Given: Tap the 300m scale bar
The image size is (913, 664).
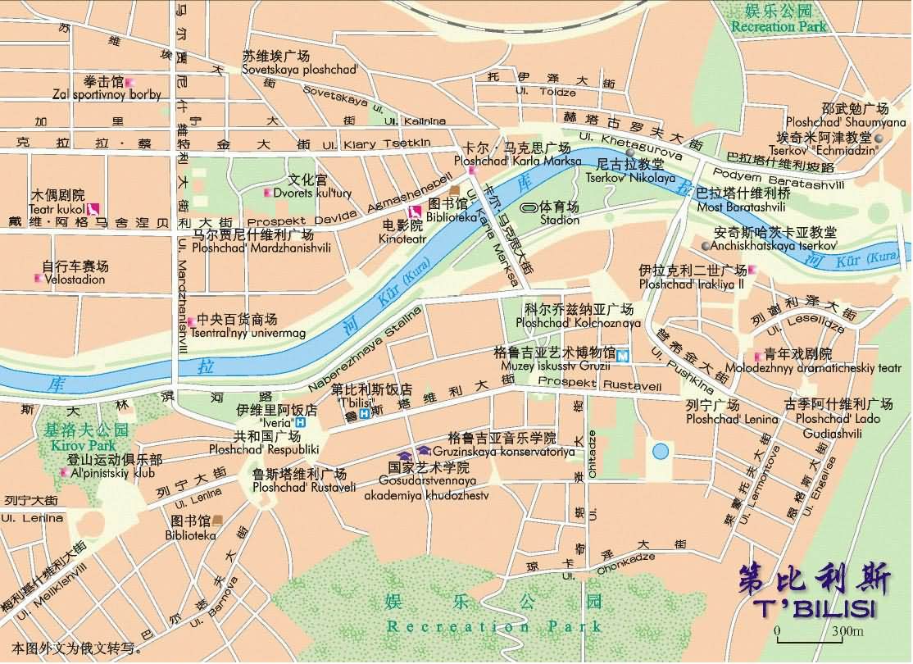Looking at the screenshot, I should [820, 637].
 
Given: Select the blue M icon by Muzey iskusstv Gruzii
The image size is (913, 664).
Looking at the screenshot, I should [624, 355].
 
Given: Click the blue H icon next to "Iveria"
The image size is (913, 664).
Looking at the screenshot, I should [300, 423].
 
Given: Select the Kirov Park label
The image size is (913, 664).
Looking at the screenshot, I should [74, 444].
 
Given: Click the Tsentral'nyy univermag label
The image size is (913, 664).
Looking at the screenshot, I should [248, 334].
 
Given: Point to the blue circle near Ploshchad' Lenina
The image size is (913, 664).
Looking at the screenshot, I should [661, 451].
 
